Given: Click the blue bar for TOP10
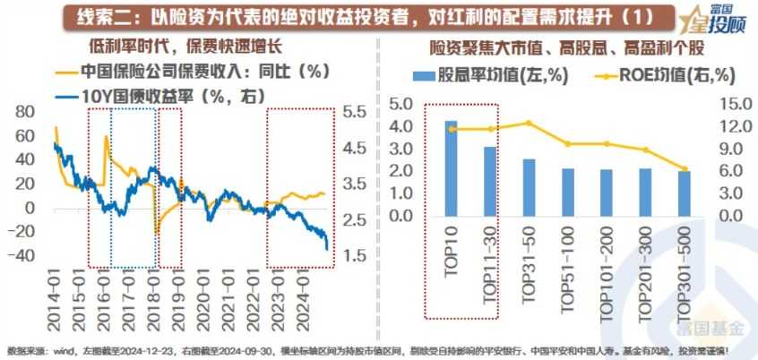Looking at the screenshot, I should coord(451,168).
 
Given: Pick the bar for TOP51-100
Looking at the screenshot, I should coord(567,193).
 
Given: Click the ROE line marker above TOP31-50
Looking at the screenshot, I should coord(529,123).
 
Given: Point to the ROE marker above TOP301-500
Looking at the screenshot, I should coord(685,168).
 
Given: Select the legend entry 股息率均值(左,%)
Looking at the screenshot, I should coord(492,75).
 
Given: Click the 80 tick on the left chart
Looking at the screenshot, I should coord(24,111).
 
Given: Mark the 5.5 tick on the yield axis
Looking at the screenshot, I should coord(354,111).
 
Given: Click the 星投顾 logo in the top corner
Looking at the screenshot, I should coord(713,18).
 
